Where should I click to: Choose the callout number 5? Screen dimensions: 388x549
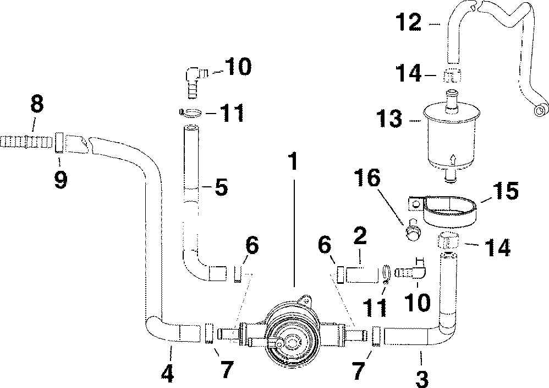coord(221,188)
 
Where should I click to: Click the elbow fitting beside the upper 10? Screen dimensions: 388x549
coord(194,77)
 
